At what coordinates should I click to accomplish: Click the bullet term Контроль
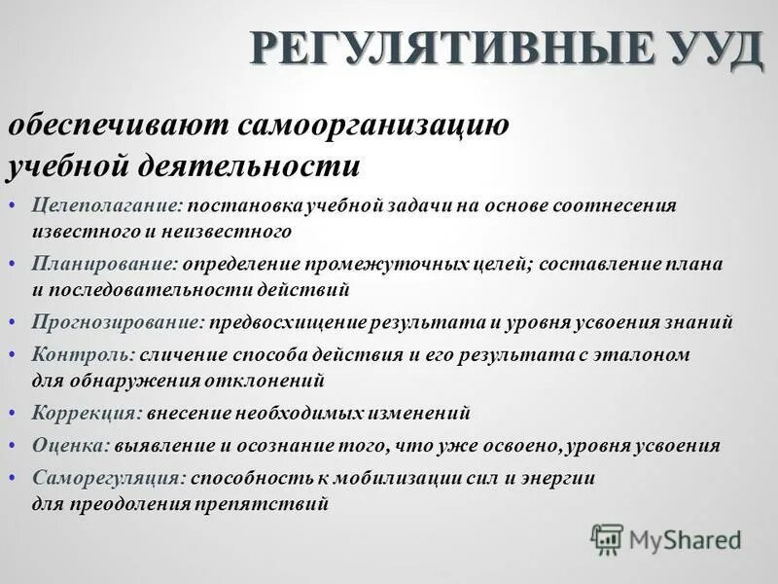[x=82, y=355]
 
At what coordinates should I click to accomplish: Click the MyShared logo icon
[x=607, y=538]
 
